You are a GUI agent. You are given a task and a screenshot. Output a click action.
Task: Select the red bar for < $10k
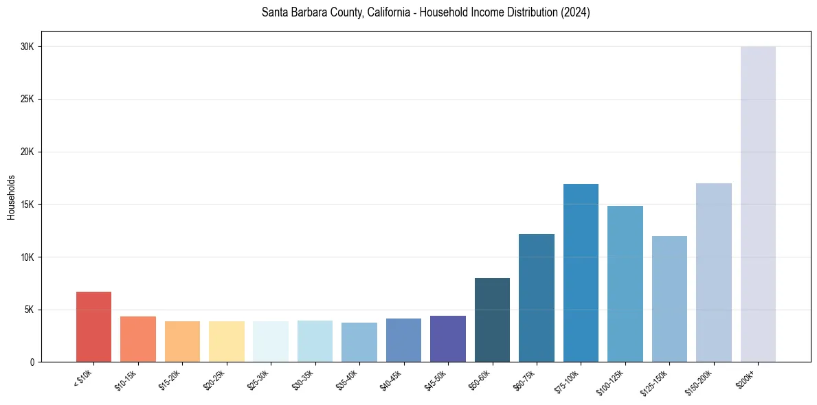93,327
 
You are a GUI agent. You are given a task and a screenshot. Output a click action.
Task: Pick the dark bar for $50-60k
492,320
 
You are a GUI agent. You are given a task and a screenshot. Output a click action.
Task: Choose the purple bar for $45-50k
448,338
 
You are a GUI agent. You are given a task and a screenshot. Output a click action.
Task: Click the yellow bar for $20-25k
227,341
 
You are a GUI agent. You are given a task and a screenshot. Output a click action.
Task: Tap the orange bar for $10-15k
138,339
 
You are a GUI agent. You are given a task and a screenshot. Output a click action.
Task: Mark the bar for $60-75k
537,298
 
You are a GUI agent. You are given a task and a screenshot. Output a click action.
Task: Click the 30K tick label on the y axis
27,47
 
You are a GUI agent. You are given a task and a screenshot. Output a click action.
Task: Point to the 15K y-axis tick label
27,205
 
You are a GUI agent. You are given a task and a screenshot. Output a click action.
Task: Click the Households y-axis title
11,197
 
